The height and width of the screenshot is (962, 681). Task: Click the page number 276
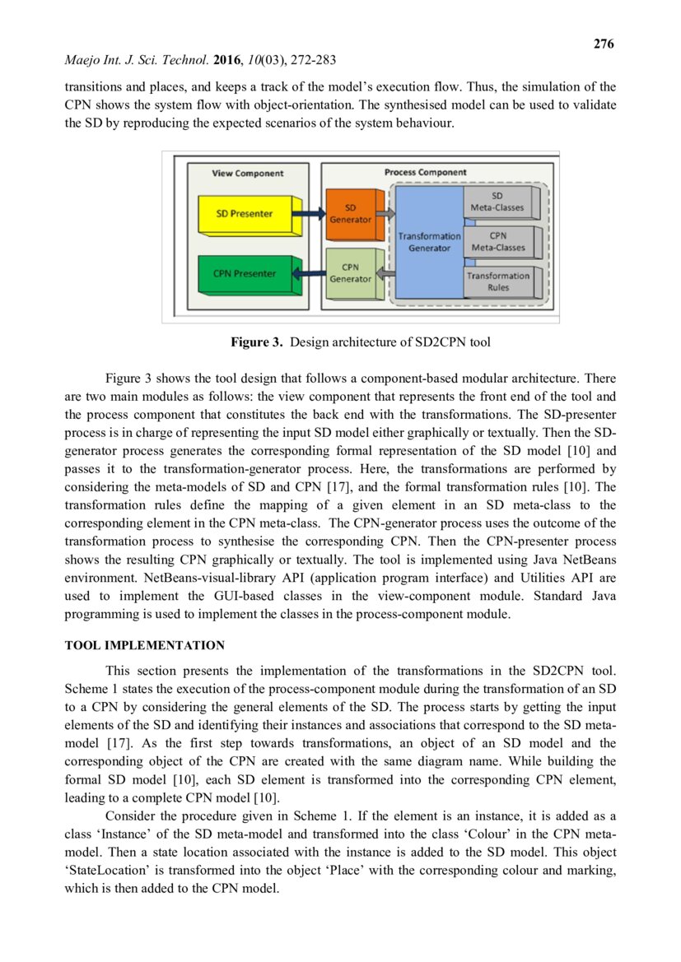[x=604, y=44]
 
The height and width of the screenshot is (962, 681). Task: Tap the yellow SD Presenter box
[x=245, y=214]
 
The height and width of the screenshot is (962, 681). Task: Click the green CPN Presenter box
[x=245, y=273]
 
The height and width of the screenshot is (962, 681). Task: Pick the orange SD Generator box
[x=350, y=213]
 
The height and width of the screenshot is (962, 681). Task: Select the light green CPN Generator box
[x=350, y=273]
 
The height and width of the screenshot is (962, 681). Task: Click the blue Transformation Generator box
[x=429, y=241]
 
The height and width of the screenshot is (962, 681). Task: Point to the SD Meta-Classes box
[x=497, y=202]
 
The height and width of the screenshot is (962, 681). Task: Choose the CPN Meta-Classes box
[x=497, y=241]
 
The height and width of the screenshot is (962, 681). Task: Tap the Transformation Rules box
[x=497, y=281]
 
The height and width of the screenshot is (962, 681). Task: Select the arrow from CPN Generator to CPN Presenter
[x=310, y=274]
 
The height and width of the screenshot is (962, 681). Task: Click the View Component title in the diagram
[x=247, y=174]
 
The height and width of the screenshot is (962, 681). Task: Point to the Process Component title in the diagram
[x=425, y=172]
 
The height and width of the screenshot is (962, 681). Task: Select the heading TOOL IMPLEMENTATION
[x=144, y=645]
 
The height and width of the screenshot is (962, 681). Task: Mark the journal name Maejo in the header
[x=82, y=61]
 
